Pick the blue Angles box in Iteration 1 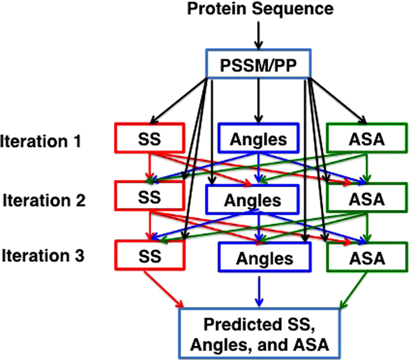pos(258,138)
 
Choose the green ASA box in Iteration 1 pos(367,138)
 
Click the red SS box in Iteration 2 pos(150,197)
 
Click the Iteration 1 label pos(41,141)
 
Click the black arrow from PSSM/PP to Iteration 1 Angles pos(258,100)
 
